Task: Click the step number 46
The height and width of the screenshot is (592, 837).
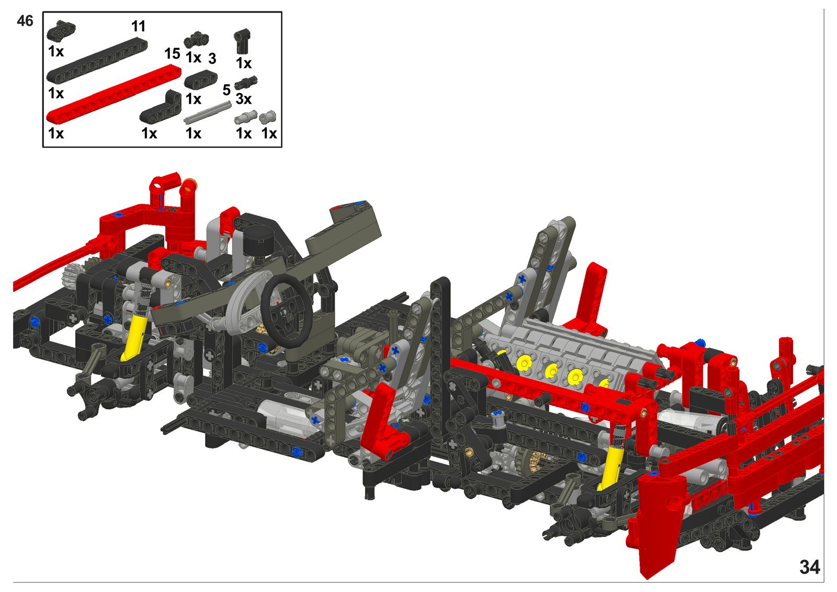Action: [x=25, y=21]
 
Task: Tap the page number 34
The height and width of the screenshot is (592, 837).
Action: [x=810, y=567]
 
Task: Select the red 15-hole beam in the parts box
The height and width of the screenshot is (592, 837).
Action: [x=114, y=94]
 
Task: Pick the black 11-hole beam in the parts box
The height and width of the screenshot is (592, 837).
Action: [x=97, y=60]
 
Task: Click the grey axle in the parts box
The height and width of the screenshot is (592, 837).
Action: [x=207, y=113]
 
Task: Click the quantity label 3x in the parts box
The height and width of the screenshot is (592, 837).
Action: [x=244, y=99]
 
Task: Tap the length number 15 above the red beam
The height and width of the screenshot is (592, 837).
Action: [x=172, y=54]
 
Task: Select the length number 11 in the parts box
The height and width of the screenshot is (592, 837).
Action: [x=138, y=27]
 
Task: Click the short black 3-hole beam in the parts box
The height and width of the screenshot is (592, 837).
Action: [x=201, y=79]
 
